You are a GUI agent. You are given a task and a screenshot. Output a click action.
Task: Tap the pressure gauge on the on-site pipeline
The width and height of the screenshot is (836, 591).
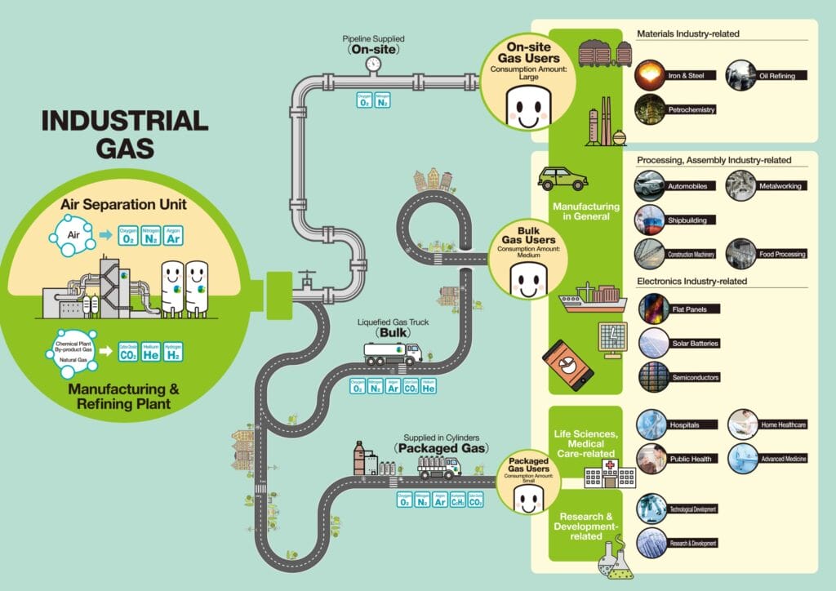coord(373,64)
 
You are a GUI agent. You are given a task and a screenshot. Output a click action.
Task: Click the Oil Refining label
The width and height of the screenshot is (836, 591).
coord(782,76)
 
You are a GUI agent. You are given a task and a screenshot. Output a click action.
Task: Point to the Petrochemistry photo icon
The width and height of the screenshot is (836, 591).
coord(650,108)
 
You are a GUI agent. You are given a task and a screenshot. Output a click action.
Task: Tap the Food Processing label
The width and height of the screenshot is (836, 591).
coord(782,254)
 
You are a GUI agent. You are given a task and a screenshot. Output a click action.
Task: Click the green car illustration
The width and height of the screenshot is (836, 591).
coord(563,178)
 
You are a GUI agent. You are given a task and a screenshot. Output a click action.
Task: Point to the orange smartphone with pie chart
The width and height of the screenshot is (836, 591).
coord(568,363)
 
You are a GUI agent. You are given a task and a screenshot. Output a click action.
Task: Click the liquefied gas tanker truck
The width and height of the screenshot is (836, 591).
coord(393,352)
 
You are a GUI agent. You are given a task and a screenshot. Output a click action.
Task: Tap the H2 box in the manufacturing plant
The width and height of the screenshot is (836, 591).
coord(172,352)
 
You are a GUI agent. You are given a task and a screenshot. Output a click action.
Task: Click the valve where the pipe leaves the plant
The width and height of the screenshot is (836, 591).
coord(306,282)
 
